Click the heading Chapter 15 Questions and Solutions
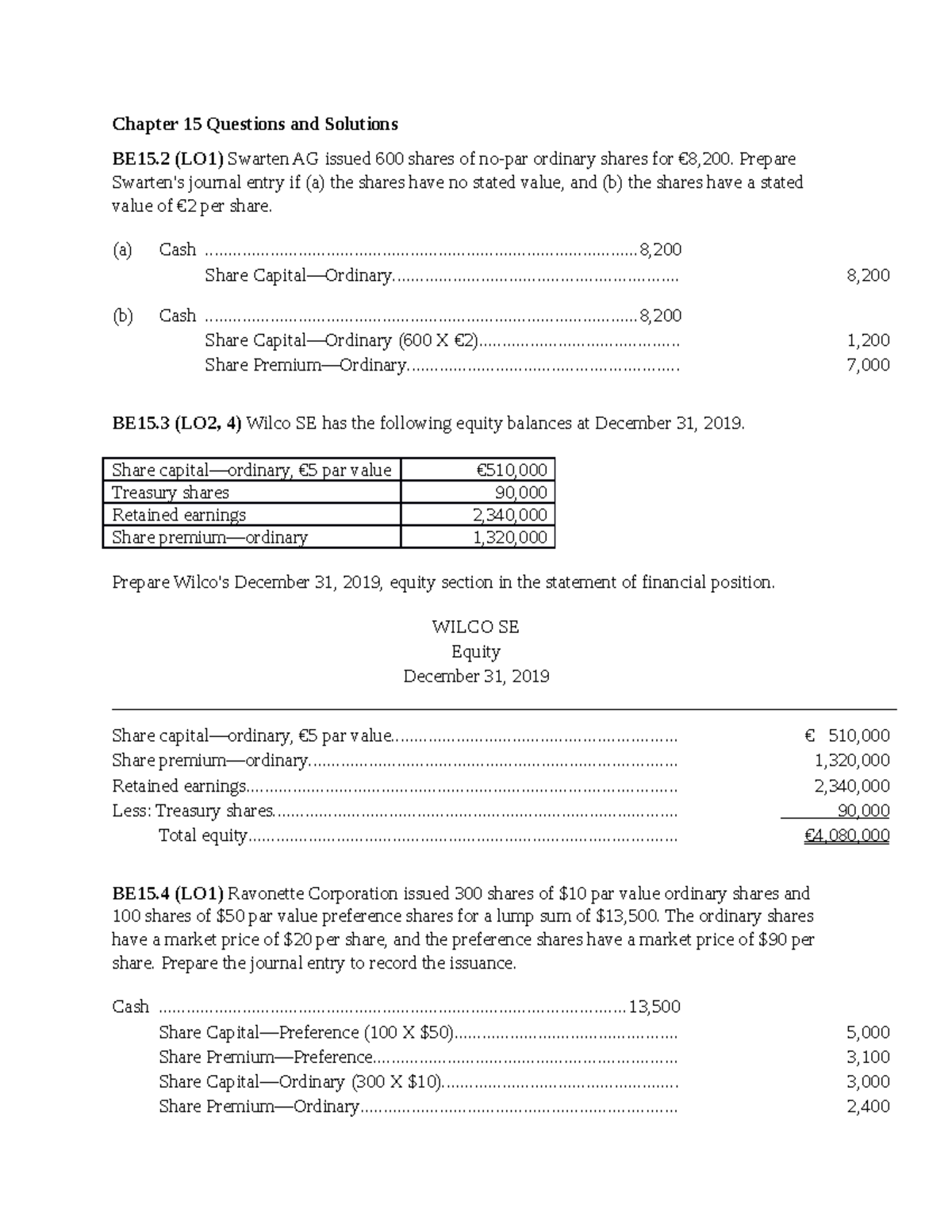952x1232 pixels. pos(255,124)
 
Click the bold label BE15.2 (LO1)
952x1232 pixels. pos(167,159)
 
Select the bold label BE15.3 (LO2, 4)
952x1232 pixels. pos(177,423)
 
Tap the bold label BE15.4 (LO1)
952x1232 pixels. pos(167,893)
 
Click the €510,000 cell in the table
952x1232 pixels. pos(512,470)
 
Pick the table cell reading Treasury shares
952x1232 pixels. pos(171,492)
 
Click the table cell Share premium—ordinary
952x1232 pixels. pos(209,537)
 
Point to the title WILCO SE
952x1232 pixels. pos(475,627)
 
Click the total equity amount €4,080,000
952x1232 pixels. pos(846,835)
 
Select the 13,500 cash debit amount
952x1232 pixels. pos(654,1007)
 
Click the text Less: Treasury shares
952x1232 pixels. pos(193,811)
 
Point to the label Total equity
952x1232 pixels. pos(203,835)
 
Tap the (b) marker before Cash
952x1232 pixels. pos(122,316)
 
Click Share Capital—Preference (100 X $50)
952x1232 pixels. pos(306,1032)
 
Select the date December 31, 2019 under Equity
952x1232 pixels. pos(476,676)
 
